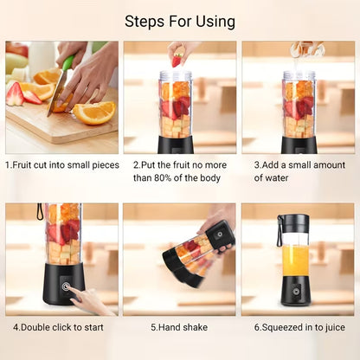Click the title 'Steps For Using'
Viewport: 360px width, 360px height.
pyautogui.click(x=179, y=20)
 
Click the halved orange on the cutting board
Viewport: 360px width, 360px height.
pyautogui.click(x=94, y=112)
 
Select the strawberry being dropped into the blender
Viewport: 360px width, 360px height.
pyautogui.click(x=177, y=60)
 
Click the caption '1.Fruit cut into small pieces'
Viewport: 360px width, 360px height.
pyautogui.click(x=61, y=164)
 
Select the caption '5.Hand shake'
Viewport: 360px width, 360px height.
pyautogui.click(x=178, y=328)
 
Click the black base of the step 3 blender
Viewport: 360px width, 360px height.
pyautogui.click(x=299, y=143)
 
